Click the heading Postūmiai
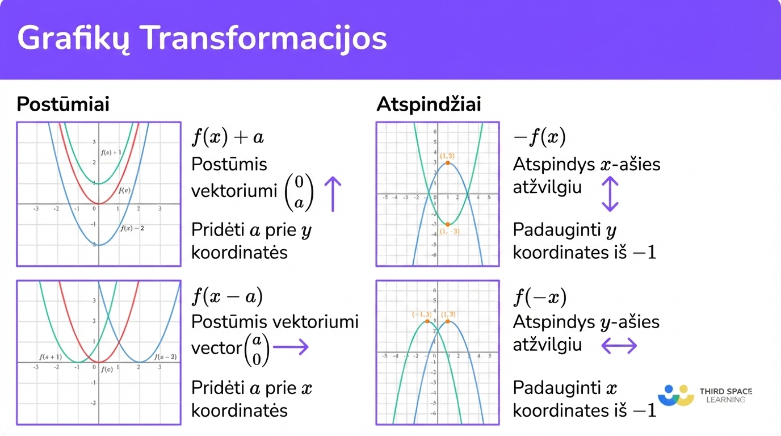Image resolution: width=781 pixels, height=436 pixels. coord(63,104)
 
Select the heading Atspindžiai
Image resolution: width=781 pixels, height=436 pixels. coord(429,104)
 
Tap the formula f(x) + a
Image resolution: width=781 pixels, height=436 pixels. coord(228,137)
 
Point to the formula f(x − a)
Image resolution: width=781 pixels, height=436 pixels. coord(227,296)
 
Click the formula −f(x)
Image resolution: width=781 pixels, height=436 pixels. coord(539,137)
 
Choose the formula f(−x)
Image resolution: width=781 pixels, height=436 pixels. coord(539,296)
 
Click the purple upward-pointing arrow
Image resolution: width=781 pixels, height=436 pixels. coord(333,193)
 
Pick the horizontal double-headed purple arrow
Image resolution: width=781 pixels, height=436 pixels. coord(619,345)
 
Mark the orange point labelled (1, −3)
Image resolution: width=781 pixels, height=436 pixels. coord(448,224)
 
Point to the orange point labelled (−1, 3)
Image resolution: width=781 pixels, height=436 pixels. coord(427,321)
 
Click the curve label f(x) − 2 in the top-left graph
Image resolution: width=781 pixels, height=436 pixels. coord(132,228)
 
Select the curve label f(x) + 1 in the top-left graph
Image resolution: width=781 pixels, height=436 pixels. coord(111,152)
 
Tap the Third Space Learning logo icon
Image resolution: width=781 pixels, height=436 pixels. coord(676,395)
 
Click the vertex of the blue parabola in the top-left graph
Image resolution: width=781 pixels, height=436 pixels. coord(99,245)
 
